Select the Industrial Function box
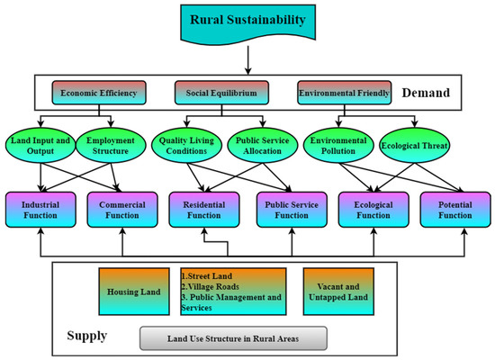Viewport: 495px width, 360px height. (40, 210)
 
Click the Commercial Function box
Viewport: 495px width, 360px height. (122, 210)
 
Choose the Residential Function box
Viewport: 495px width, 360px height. (204, 210)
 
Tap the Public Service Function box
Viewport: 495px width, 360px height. (286, 210)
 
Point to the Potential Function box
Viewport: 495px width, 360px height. (454, 210)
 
